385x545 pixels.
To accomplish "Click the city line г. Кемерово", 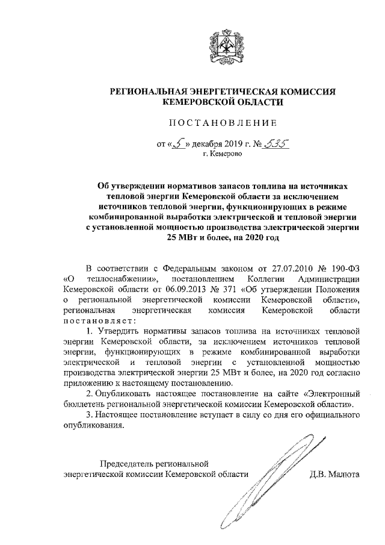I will [226, 154].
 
